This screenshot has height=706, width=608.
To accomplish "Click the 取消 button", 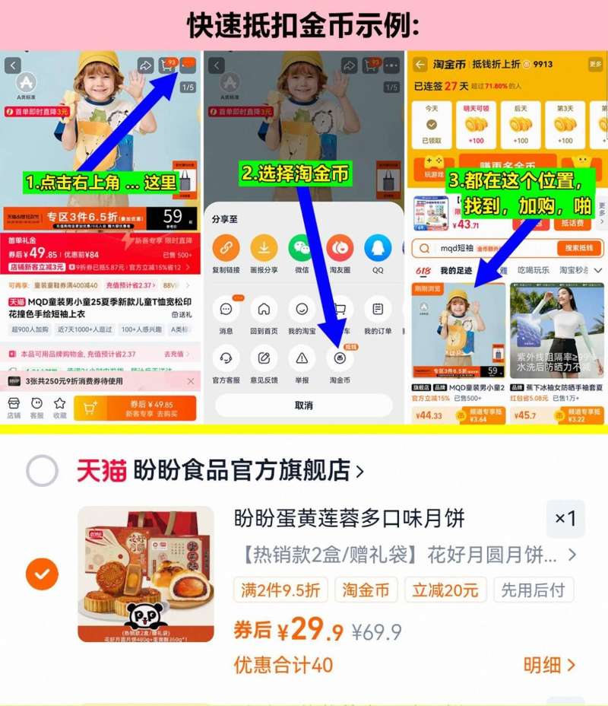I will [303, 405].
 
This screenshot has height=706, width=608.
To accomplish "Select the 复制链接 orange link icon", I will [225, 248].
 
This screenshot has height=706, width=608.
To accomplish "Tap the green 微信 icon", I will [302, 248].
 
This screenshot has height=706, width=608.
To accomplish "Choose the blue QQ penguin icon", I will [378, 248].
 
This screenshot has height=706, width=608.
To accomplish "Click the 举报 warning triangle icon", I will [302, 358].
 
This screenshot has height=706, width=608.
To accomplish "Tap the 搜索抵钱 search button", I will [579, 248].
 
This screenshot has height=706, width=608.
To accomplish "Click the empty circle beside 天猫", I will [42, 471].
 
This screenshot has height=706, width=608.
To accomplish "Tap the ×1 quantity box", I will [565, 519].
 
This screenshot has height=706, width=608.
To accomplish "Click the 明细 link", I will [549, 665].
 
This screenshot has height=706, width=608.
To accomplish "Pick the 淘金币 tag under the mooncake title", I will [366, 590].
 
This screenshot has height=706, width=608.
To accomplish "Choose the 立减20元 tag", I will [445, 590].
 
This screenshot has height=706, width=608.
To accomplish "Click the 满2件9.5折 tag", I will [281, 590].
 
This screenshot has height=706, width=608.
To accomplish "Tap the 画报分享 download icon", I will [264, 248].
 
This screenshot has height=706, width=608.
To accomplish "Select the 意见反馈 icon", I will [264, 358].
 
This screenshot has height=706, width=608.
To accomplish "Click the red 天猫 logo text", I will [101, 471].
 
